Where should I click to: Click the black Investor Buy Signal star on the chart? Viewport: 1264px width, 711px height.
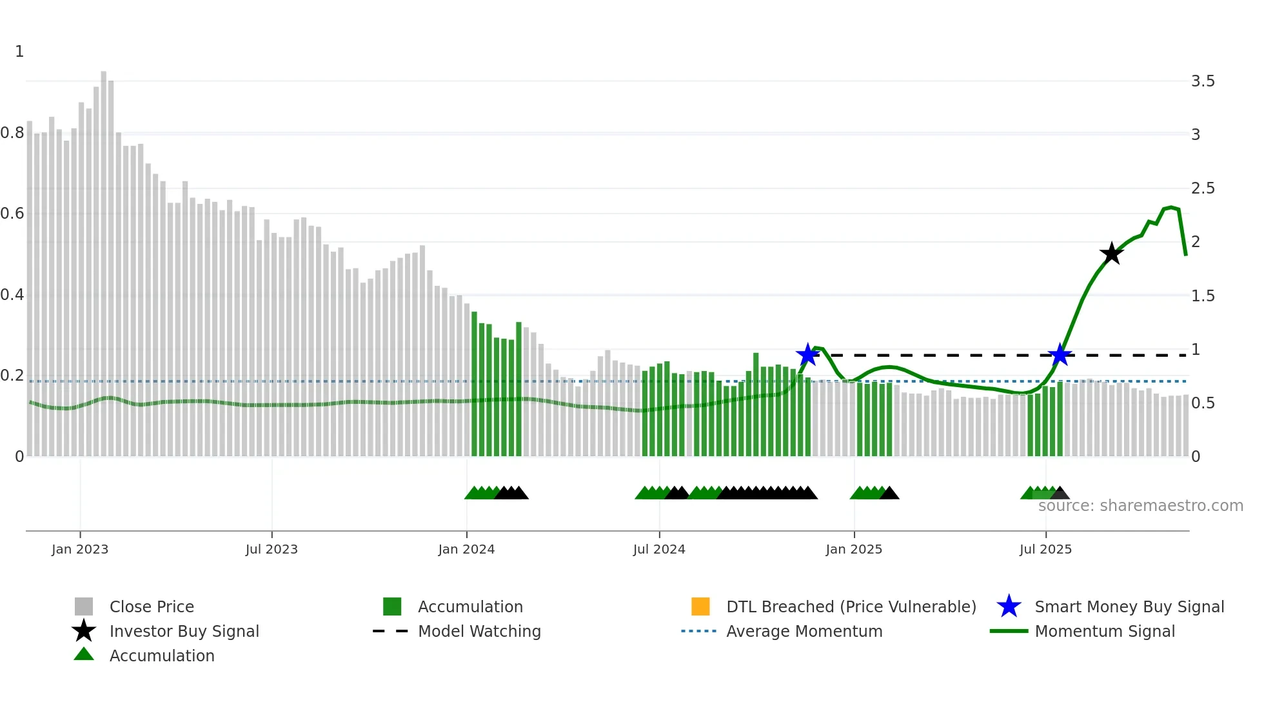(1111, 254)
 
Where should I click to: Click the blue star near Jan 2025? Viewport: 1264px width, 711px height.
(807, 354)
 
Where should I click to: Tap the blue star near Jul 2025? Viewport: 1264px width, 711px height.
(1060, 354)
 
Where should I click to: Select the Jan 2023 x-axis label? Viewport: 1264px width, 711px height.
(80, 549)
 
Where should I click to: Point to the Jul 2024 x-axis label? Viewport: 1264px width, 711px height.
(659, 549)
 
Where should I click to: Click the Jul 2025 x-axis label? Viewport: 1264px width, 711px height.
(1045, 549)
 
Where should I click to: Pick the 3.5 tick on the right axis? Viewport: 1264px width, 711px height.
(1202, 81)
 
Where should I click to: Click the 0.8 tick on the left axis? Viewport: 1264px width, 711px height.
(12, 133)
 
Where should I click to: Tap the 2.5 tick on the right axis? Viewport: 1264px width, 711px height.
(1202, 188)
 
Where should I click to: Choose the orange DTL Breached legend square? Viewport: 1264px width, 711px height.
(700, 606)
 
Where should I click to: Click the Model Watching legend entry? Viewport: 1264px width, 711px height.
(479, 631)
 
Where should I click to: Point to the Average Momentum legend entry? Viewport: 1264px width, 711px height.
(804, 631)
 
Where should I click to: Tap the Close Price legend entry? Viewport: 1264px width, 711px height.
(151, 606)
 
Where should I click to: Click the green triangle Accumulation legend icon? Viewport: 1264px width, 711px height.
(84, 655)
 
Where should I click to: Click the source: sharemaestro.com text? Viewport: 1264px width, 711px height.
(1140, 506)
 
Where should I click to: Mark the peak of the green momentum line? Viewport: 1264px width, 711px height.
(1171, 207)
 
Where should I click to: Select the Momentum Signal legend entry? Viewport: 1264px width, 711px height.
(1104, 631)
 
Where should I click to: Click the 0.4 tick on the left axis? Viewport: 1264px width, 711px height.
(12, 295)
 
